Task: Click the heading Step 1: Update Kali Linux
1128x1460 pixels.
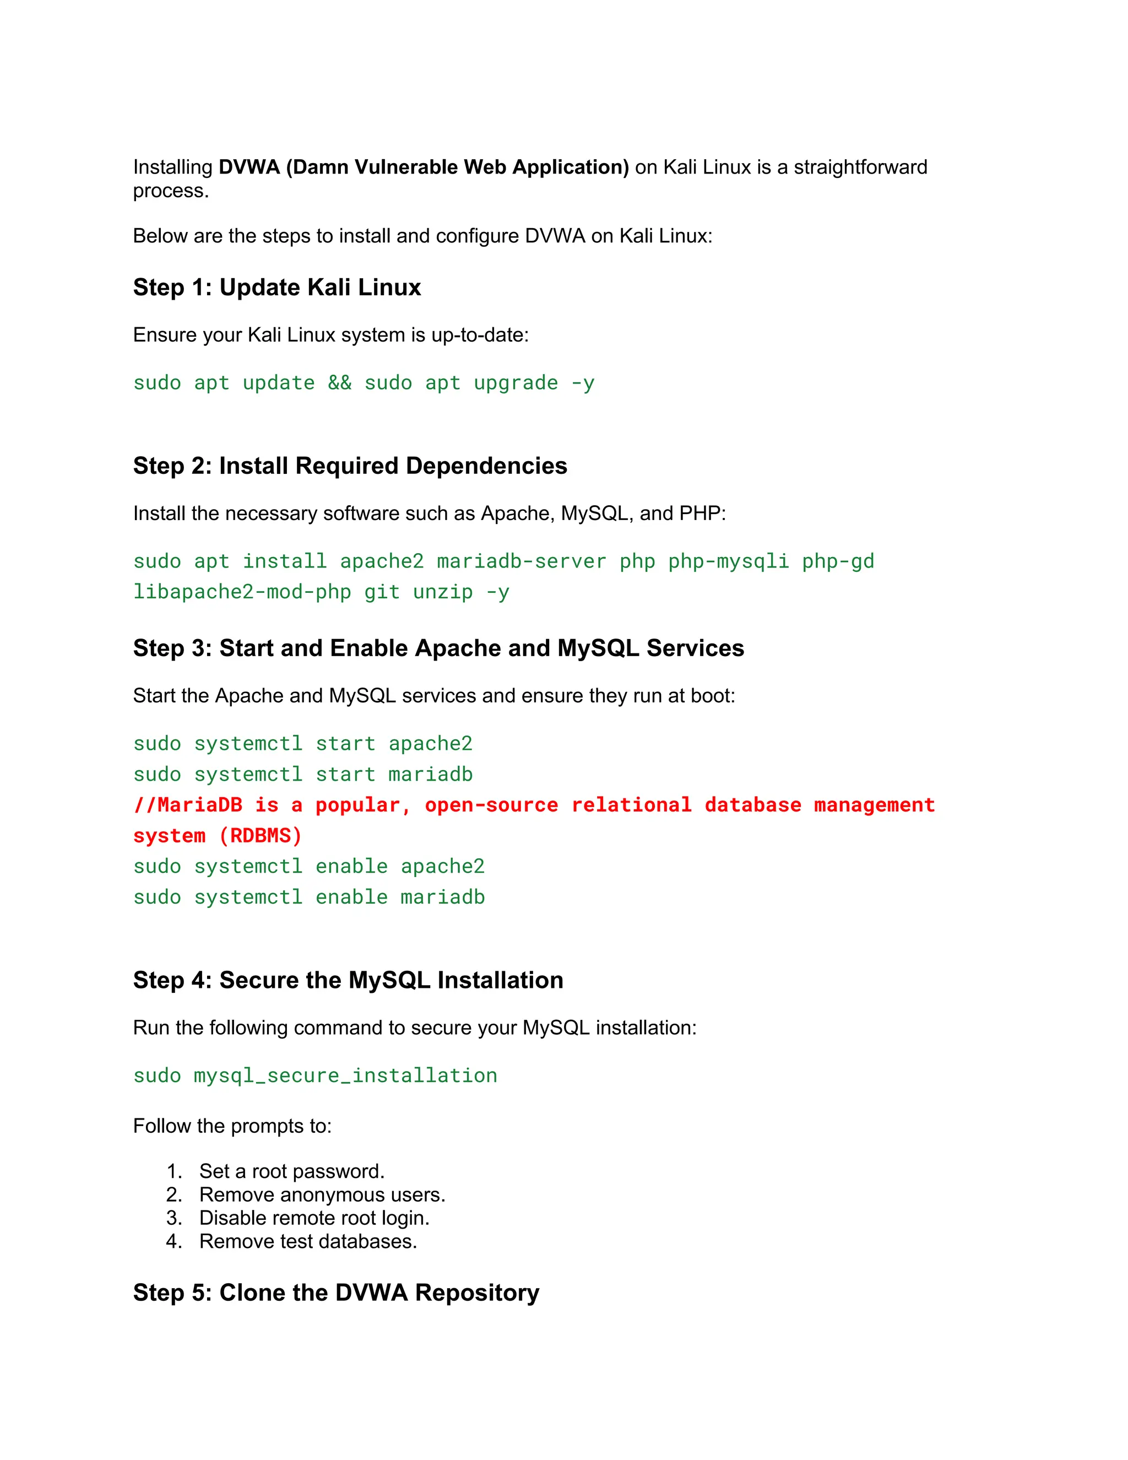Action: tap(276, 288)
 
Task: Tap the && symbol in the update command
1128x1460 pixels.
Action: tap(339, 383)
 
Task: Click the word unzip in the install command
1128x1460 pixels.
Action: tap(442, 592)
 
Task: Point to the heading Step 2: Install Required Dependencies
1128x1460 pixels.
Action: tap(350, 466)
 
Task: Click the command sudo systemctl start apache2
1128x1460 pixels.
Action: tap(303, 743)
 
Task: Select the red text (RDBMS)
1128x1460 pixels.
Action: tap(260, 836)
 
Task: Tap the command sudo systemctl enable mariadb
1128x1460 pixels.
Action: tap(309, 897)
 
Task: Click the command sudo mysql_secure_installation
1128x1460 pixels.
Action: tap(314, 1075)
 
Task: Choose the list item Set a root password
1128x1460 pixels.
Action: tap(291, 1171)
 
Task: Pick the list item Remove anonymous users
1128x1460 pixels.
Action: tap(322, 1194)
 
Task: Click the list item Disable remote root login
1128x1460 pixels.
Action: tap(314, 1218)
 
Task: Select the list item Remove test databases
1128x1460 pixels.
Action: tap(308, 1241)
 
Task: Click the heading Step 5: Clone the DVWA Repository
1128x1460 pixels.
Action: tap(335, 1293)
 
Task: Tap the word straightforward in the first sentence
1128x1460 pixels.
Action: tap(860, 167)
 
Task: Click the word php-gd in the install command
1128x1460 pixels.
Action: tap(838, 561)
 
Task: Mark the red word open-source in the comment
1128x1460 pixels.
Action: tap(491, 805)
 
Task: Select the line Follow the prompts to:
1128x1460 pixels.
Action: tap(232, 1126)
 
